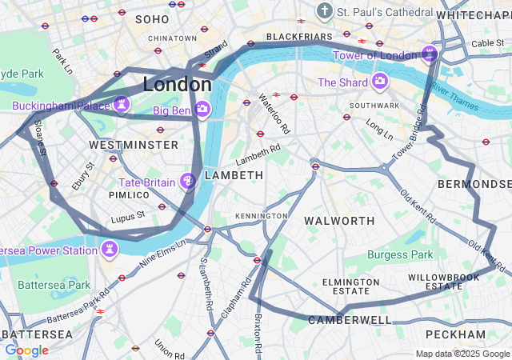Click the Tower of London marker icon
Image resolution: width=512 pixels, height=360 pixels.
[430, 54]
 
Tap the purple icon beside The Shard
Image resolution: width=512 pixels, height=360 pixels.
[379, 82]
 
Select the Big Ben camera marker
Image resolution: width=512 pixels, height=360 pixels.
[202, 109]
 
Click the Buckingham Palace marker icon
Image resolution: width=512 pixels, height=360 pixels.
[122, 105]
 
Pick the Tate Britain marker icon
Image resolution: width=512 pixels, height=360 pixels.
[188, 182]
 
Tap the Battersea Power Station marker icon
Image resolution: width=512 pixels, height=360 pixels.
[108, 250]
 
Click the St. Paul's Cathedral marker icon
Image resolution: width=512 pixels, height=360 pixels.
[324, 11]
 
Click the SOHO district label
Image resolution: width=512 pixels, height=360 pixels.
[152, 18]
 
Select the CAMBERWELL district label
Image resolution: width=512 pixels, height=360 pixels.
[350, 320]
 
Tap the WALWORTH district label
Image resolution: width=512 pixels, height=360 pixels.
[339, 220]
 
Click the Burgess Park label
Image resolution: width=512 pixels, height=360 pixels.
[399, 255]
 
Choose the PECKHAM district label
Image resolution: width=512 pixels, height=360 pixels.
[455, 334]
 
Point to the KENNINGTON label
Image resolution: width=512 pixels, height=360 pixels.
[261, 216]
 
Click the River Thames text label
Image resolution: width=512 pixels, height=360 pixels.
[454, 89]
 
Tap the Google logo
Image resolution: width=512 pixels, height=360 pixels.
[26, 350]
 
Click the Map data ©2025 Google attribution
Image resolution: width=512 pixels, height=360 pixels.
[462, 354]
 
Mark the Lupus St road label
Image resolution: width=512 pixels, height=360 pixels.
[129, 214]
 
